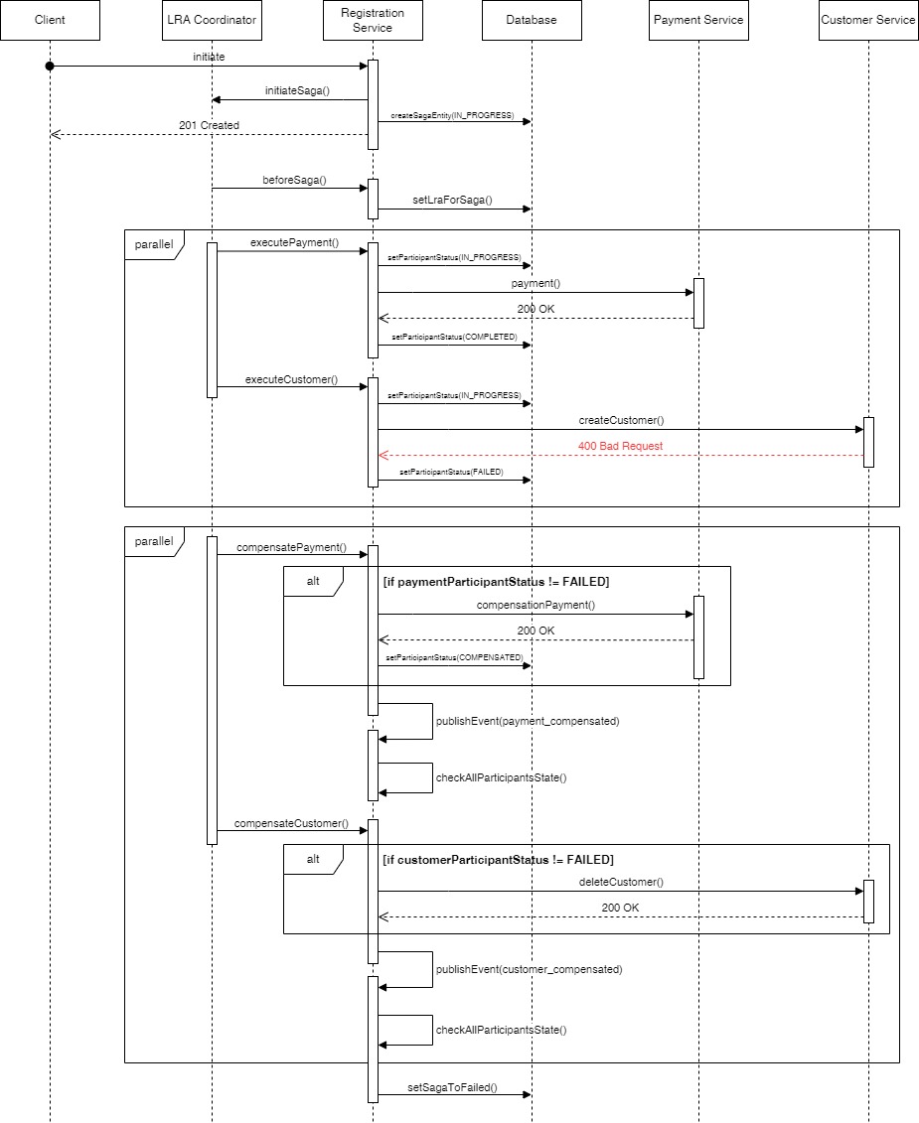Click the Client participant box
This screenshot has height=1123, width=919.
click(x=50, y=20)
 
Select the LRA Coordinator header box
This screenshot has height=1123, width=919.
click(x=212, y=20)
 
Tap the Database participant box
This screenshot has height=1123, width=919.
click(x=532, y=20)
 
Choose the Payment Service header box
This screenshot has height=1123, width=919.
click(x=697, y=20)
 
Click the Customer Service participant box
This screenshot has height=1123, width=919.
click(x=868, y=20)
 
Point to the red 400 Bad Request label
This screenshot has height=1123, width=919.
click(x=620, y=446)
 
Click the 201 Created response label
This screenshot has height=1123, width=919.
click(x=209, y=125)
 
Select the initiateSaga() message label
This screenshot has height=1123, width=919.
click(x=297, y=90)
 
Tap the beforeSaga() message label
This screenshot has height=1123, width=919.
click(x=294, y=180)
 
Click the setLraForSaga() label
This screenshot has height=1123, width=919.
click(x=452, y=200)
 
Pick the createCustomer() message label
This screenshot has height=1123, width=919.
click(x=621, y=420)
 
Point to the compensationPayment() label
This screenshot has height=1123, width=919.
click(x=536, y=605)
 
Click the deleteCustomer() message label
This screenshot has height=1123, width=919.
click(x=621, y=882)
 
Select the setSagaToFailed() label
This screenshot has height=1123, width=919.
click(x=452, y=1088)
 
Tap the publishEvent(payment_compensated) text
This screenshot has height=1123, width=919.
click(x=527, y=721)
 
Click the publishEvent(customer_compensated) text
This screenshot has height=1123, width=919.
click(x=529, y=969)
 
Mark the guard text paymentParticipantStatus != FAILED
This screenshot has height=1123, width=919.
click(x=496, y=582)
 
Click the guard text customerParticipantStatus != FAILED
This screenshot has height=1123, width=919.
click(x=498, y=859)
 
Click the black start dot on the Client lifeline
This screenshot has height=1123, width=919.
click(x=50, y=66)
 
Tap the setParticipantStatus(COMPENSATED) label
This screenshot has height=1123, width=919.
click(x=454, y=657)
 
